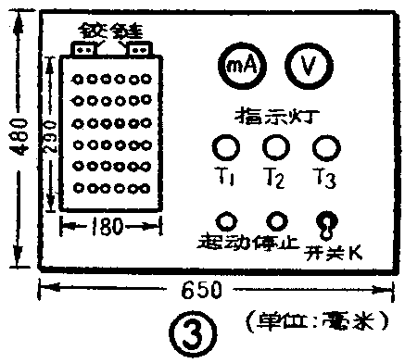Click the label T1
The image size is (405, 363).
(x=225, y=177)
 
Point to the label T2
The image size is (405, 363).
(x=275, y=177)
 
